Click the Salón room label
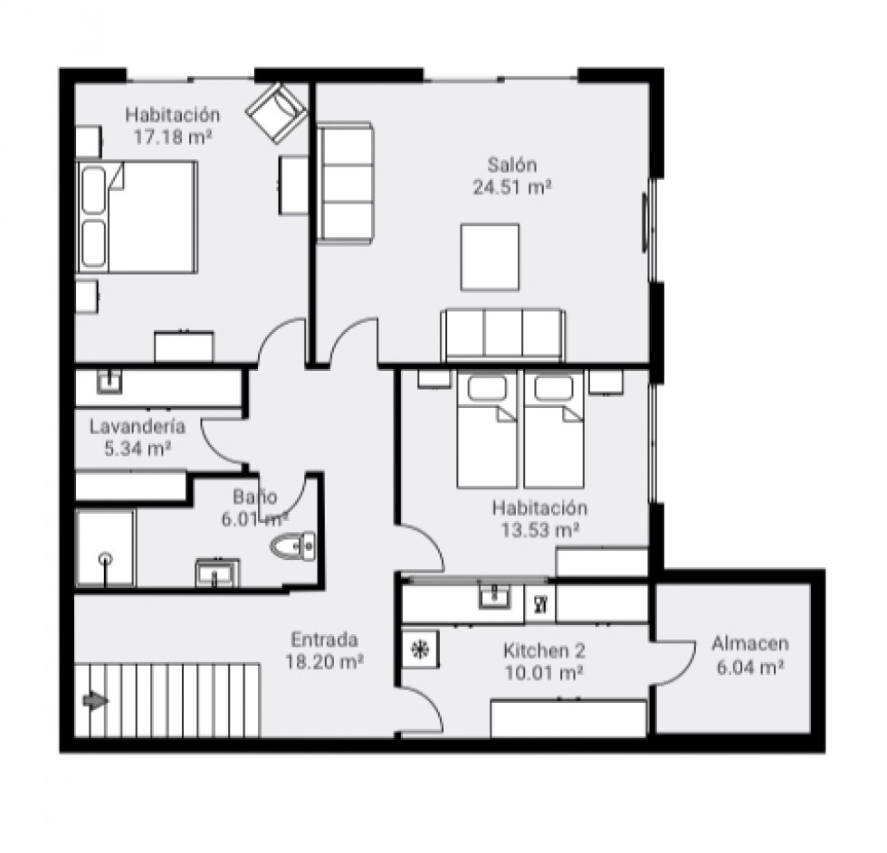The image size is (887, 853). pos(512,165)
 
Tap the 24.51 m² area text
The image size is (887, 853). pos(512,187)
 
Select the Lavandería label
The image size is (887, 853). pos(138,426)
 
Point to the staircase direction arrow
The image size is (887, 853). pos(96,701)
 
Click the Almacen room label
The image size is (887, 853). pos(750,643)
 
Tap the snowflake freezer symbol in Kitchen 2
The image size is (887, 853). pos(420,650)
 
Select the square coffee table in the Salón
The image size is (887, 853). pos(490,257)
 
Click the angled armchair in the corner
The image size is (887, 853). pos(277,112)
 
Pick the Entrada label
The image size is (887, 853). pos(324,640)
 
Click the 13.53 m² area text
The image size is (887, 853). pos(540,530)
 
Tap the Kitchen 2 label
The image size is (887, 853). pos(544,650)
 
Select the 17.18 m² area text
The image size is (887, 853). pos(173,137)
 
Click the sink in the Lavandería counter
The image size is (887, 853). pos(109,382)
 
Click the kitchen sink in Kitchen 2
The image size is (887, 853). pos(494,595)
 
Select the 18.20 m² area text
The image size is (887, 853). pos(324,661)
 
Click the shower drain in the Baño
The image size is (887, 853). pos(105,559)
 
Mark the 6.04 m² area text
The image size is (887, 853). pos(750,668)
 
